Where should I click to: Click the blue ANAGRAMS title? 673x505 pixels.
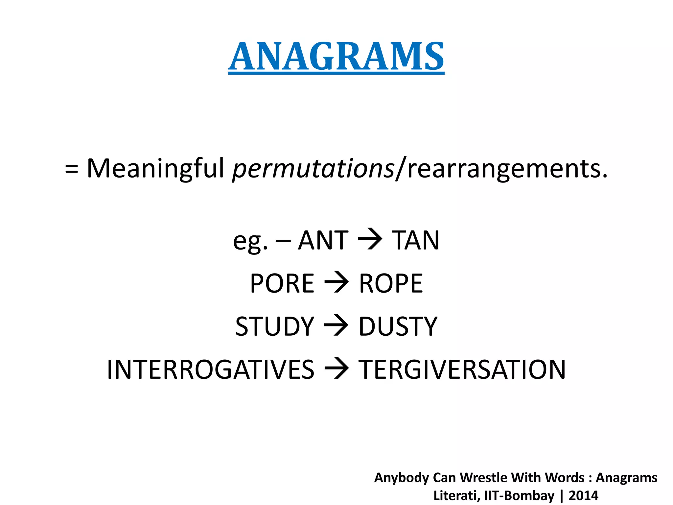336,57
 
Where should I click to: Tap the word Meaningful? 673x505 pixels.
155,169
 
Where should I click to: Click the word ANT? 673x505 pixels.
323,240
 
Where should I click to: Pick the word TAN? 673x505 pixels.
415,240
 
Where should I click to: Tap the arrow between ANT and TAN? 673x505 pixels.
370,239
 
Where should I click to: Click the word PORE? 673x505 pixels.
282,283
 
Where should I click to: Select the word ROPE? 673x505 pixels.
391,283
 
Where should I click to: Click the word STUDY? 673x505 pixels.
275,326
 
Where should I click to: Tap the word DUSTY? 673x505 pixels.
398,326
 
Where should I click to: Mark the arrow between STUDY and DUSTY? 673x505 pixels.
336,325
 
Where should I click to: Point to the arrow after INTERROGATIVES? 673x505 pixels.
336,369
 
